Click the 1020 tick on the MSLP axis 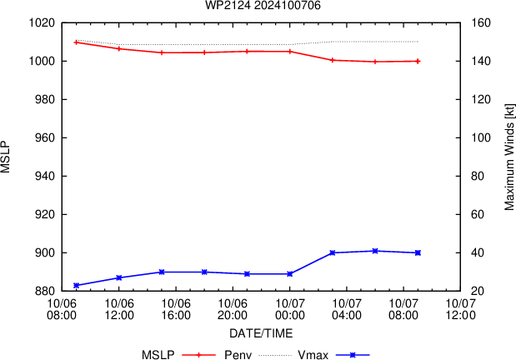41,22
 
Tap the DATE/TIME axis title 261,333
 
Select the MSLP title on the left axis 7,157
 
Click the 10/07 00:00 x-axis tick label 289,310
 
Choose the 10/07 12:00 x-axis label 460,310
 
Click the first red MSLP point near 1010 77,42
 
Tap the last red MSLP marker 418,61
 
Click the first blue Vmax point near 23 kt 77,285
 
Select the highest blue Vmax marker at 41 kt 375,251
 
